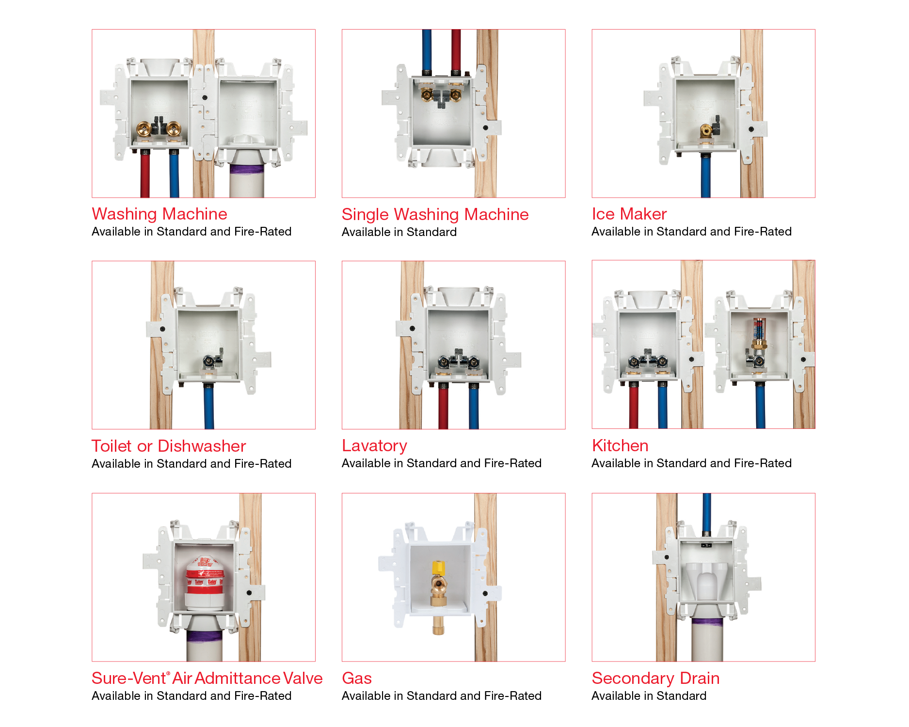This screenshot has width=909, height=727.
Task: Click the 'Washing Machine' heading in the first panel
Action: click(159, 214)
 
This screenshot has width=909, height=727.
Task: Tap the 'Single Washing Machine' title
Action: click(435, 214)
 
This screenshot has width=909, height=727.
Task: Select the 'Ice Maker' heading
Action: click(629, 214)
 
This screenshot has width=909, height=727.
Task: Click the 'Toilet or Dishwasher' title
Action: click(169, 446)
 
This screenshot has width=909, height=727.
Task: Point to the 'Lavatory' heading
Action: click(374, 445)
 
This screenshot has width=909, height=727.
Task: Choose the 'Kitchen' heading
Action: click(620, 445)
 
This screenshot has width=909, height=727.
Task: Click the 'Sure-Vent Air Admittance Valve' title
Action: click(207, 678)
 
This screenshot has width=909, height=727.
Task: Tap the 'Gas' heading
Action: click(357, 678)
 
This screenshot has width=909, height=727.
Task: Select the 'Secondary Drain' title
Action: click(655, 678)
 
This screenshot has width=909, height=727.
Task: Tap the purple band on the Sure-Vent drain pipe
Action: click(205, 636)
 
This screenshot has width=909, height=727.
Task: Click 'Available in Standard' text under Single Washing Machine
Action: click(399, 232)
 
